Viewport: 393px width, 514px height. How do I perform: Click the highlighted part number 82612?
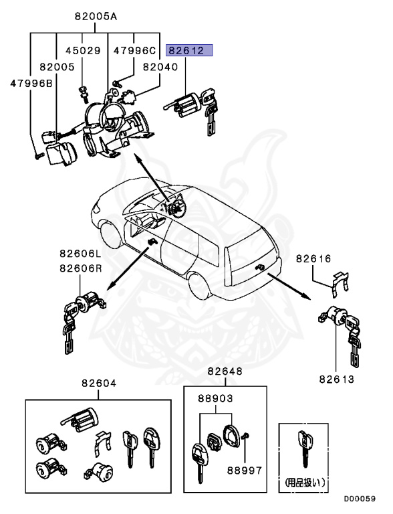pyautogui.click(x=190, y=50)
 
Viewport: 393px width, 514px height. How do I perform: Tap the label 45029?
pyautogui.click(x=82, y=50)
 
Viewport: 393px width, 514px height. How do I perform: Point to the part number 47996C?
pyautogui.click(x=134, y=50)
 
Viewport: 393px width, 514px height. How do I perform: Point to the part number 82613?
pyautogui.click(x=336, y=379)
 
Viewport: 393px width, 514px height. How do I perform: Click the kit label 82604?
pyautogui.click(x=99, y=383)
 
